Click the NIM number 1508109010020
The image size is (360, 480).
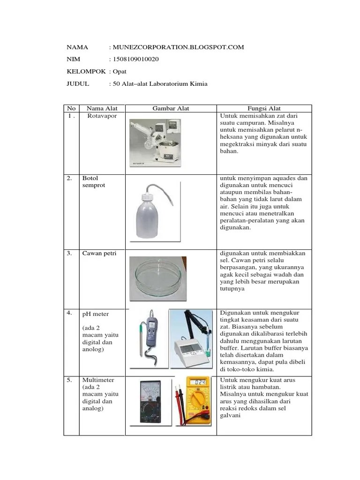point(135,59)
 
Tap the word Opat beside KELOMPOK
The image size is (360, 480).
point(119,71)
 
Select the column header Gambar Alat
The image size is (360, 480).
point(171,108)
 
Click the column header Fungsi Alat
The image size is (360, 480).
point(264,108)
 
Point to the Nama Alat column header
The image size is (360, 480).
point(102,108)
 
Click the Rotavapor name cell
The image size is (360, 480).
point(102,116)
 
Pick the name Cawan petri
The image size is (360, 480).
point(99,253)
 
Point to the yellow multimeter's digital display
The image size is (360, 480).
point(201,382)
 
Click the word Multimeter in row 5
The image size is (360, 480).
point(98,379)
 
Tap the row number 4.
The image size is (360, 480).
point(69,313)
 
